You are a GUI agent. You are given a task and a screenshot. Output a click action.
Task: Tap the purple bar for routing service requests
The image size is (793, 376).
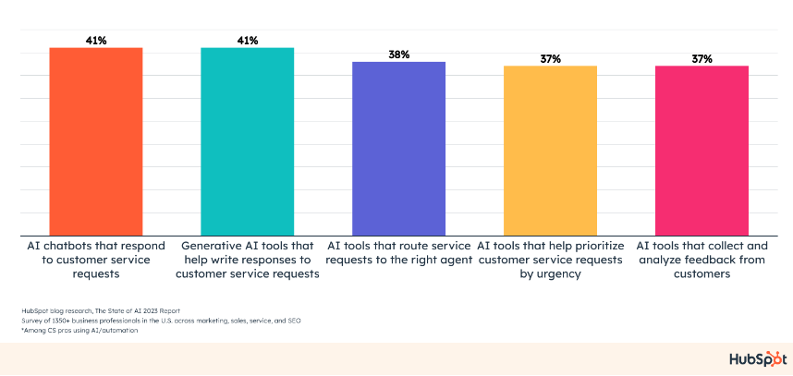point(398,148)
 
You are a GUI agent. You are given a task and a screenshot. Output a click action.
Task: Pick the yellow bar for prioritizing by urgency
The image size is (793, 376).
point(550,151)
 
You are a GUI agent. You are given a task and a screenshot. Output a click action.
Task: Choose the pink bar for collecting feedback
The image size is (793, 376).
point(701,151)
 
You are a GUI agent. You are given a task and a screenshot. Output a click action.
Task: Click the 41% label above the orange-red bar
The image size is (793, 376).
point(95,41)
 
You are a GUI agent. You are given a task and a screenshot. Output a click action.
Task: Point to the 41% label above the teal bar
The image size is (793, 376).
point(247,41)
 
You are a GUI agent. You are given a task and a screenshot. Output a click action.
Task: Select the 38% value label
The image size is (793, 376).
point(398,55)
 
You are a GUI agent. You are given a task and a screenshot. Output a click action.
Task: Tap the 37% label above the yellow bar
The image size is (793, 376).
point(550,59)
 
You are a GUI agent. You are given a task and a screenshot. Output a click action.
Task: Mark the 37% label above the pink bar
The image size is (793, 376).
point(701,59)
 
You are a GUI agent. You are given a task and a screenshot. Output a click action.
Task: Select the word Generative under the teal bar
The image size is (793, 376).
point(214,247)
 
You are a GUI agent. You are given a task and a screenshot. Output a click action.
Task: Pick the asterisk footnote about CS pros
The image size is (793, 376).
point(73,330)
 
